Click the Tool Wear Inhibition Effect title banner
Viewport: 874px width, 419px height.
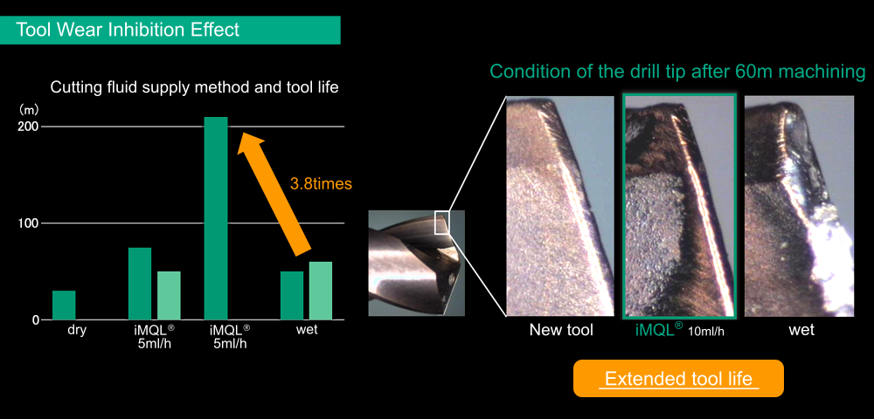click(x=170, y=30)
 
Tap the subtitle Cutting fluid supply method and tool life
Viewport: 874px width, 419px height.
click(x=195, y=87)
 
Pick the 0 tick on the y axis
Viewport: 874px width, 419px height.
click(x=36, y=320)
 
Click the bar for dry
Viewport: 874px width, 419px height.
click(x=64, y=306)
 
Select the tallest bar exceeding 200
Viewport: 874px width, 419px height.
click(x=216, y=218)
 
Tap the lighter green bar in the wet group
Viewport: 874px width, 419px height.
click(x=321, y=291)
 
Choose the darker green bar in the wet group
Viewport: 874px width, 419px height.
click(x=292, y=296)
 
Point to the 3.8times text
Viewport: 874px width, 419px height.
click(x=321, y=183)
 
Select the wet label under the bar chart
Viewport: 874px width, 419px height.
click(x=307, y=329)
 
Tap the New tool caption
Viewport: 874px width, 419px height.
click(x=561, y=330)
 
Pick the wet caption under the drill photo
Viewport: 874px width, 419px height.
click(x=801, y=330)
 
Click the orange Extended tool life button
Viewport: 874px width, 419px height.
click(x=678, y=378)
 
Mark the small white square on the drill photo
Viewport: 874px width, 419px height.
click(x=442, y=223)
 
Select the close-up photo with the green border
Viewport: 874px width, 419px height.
click(x=680, y=206)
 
